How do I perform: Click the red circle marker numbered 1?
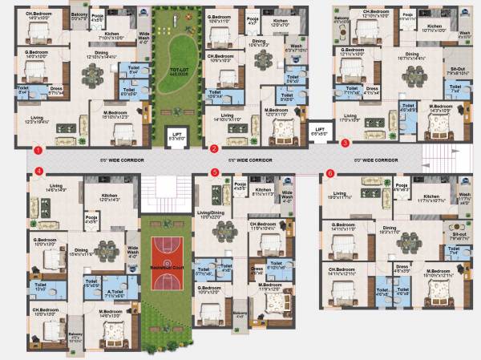coord(37,148)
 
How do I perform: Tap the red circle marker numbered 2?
coord(214,148)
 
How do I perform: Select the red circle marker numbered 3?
coord(346,144)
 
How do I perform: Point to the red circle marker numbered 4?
coord(38,172)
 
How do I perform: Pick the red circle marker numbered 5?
coord(214,172)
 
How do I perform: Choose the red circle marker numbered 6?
coord(329,172)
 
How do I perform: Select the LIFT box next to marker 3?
coord(319,131)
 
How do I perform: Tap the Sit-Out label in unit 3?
coord(458,71)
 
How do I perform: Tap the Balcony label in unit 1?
coord(79,14)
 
